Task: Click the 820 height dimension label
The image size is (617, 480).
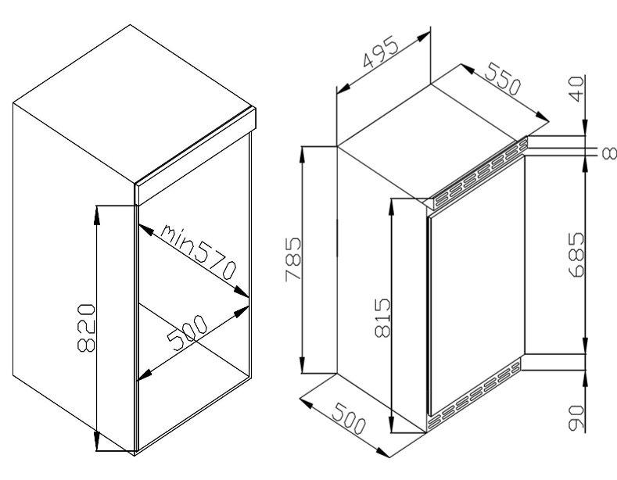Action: [x=86, y=328]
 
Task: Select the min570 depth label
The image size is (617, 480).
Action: [x=199, y=251]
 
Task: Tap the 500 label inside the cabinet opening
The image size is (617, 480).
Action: [x=187, y=332]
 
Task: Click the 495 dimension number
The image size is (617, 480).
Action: [x=381, y=52]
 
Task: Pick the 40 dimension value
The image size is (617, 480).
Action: [x=576, y=89]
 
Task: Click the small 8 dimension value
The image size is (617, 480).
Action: [x=609, y=153]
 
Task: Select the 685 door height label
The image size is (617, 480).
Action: [x=577, y=255]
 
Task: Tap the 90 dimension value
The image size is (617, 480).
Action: [x=577, y=417]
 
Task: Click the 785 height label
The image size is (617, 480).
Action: [x=292, y=259]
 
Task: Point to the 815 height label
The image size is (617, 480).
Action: [x=382, y=318]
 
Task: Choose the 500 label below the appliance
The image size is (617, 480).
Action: [x=349, y=419]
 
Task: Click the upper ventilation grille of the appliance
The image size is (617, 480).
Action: [x=480, y=173]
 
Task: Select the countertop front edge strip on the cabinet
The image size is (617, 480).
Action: [x=196, y=156]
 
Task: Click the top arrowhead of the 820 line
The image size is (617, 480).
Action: [x=97, y=215]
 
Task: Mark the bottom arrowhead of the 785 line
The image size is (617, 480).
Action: [x=302, y=364]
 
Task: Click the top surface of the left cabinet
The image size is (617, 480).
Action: [x=133, y=104]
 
